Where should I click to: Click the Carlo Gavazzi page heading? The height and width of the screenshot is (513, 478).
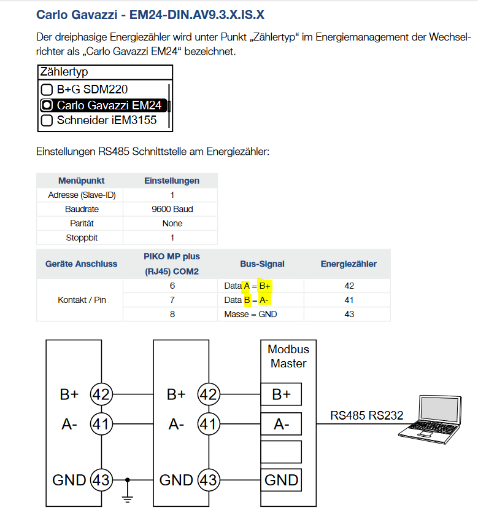(150, 15)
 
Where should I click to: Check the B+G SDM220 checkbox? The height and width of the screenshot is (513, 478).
(47, 90)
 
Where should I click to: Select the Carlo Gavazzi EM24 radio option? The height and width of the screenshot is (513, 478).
(47, 105)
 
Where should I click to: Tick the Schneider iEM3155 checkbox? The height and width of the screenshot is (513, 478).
(47, 120)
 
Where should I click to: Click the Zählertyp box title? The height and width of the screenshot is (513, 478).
(64, 72)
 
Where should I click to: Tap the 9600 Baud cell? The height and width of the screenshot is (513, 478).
(172, 209)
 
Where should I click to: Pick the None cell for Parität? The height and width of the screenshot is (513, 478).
(172, 224)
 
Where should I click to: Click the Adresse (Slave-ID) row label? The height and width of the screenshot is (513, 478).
(82, 195)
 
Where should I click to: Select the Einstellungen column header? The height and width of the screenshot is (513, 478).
(172, 181)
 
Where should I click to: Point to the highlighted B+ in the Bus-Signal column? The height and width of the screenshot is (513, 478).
(264, 286)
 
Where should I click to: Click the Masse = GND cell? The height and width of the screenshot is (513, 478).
(250, 315)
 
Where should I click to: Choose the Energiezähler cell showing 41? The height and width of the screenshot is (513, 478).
(349, 300)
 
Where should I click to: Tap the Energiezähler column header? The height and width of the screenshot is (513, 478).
(349, 264)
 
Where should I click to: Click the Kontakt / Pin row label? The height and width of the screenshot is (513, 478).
(82, 300)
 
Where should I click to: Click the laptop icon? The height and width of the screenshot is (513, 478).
(430, 420)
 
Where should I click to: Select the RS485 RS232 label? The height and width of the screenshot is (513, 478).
(366, 415)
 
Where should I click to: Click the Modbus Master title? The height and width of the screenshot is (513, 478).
(288, 356)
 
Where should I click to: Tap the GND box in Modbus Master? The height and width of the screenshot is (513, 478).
(281, 480)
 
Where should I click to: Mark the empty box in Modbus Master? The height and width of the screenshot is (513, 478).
(281, 452)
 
